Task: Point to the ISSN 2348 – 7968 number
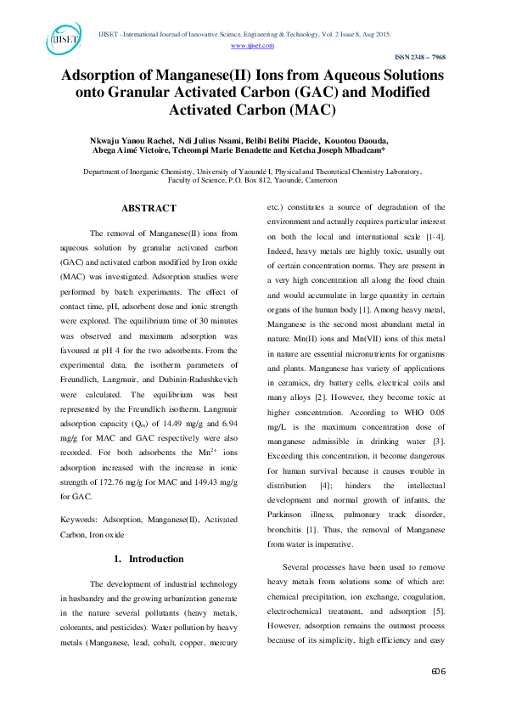421,57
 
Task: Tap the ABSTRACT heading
149,208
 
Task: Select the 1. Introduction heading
149,559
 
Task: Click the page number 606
438,695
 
